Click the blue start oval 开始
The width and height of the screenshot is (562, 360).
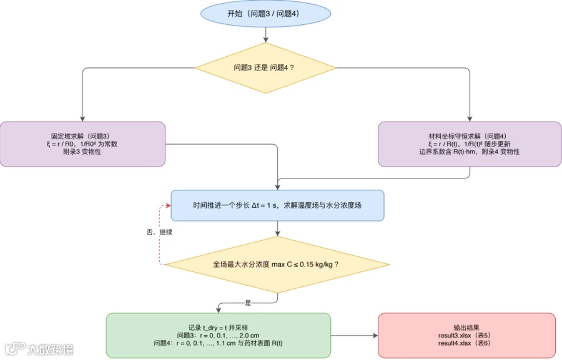pyautogui.click(x=265, y=14)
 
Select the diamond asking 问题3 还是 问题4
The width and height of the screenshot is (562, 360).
pyautogui.click(x=265, y=68)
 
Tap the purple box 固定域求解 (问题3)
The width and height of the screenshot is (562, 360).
pyautogui.click(x=82, y=144)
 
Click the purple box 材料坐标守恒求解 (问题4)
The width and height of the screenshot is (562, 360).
pyautogui.click(x=470, y=144)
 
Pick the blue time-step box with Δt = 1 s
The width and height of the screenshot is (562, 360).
pyautogui.click(x=277, y=206)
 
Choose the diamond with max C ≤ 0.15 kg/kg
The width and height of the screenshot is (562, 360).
pyautogui.click(x=277, y=265)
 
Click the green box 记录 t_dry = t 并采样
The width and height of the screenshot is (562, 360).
pyautogui.click(x=219, y=336)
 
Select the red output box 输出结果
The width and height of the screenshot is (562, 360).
pyautogui.click(x=466, y=336)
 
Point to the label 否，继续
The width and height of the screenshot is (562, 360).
pyautogui.click(x=159, y=232)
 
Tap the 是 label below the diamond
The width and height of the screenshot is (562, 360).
pyautogui.click(x=248, y=303)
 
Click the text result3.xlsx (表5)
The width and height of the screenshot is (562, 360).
pyautogui.click(x=464, y=336)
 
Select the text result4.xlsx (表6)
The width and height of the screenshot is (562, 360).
pyautogui.click(x=464, y=343)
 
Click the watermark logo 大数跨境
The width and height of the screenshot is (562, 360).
pyautogui.click(x=39, y=349)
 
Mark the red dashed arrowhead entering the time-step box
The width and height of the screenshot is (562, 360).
pyautogui.click(x=168, y=206)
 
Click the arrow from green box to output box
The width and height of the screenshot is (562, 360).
pyautogui.click(x=355, y=336)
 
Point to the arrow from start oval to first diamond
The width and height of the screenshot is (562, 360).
pyautogui.click(x=265, y=35)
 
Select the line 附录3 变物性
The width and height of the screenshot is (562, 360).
pyautogui.click(x=82, y=152)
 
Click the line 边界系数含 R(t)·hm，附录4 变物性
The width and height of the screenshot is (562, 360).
pyautogui.click(x=469, y=152)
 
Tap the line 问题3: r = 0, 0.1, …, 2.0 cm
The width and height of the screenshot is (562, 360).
pyautogui.click(x=218, y=336)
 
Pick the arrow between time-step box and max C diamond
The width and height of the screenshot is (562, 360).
pyautogui.click(x=277, y=228)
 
